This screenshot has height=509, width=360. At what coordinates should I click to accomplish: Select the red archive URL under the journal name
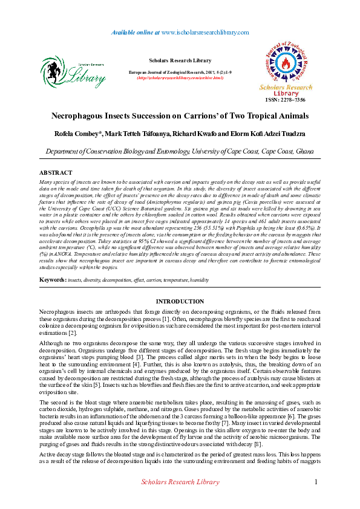180,78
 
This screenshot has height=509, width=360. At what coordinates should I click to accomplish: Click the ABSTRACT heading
56,173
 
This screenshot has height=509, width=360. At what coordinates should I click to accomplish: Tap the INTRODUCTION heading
180,301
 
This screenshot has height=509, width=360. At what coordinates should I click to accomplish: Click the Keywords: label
52,280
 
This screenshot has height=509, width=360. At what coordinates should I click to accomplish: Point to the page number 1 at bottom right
316,481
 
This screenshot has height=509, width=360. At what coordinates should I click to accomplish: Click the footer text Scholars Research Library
180,482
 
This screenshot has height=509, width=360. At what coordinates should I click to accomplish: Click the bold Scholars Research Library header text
180,60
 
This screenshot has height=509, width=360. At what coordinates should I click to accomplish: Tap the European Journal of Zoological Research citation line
180,72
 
